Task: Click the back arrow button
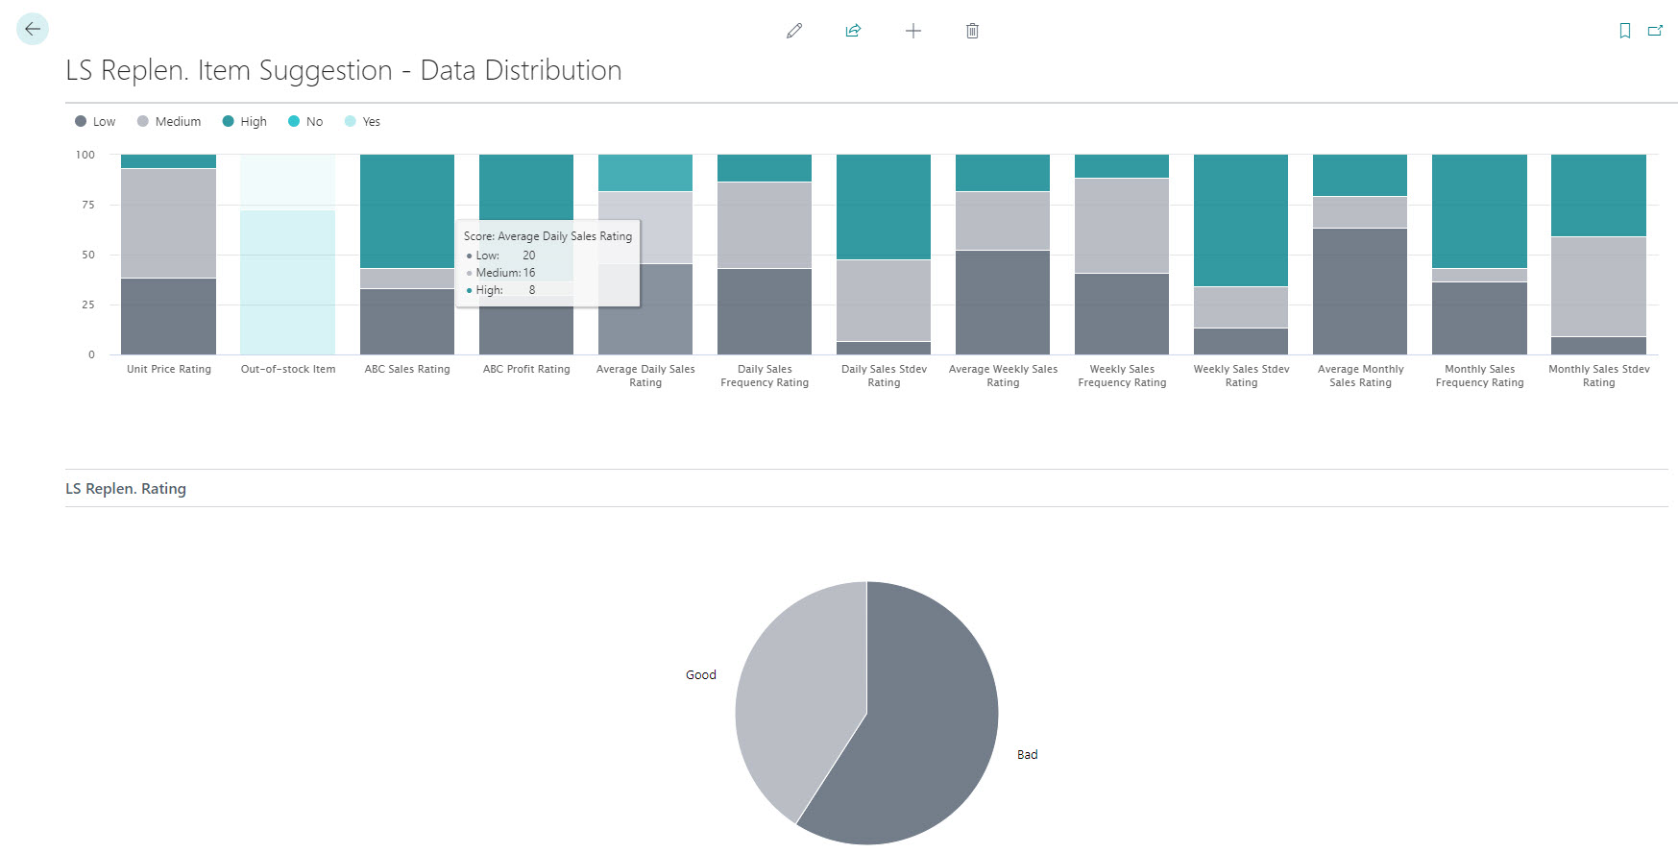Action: pyautogui.click(x=33, y=29)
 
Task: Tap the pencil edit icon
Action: pyautogui.click(x=794, y=31)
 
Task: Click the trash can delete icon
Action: pyautogui.click(x=972, y=31)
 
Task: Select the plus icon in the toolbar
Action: pyautogui.click(x=912, y=31)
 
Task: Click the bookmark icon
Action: pyautogui.click(x=1624, y=31)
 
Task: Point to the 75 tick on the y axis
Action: pyautogui.click(x=88, y=205)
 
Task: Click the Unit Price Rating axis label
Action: pyautogui.click(x=169, y=369)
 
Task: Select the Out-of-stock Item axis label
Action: pyautogui.click(x=288, y=369)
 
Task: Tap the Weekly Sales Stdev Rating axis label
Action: pyautogui.click(x=1241, y=376)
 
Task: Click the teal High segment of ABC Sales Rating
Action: pyautogui.click(x=407, y=211)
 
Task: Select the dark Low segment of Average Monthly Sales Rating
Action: pyautogui.click(x=1360, y=291)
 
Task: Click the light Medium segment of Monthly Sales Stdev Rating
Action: pyautogui.click(x=1598, y=286)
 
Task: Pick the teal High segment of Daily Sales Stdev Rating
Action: pyautogui.click(x=884, y=207)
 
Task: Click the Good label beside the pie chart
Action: pyautogui.click(x=701, y=675)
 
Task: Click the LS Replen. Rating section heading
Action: pyautogui.click(x=126, y=489)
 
